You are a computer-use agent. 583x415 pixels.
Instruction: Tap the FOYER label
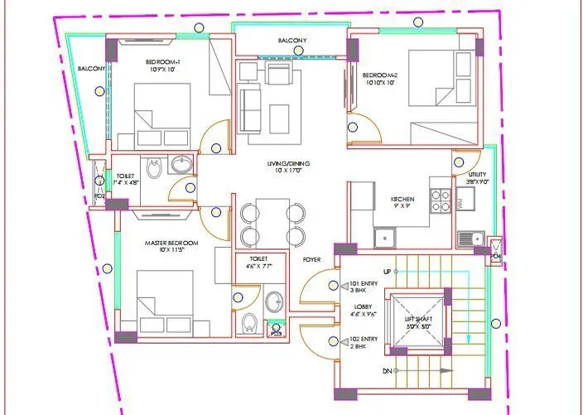pos(311,259)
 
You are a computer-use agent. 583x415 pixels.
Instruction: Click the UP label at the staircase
pos(386,273)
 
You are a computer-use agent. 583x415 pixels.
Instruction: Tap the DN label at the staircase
pos(386,372)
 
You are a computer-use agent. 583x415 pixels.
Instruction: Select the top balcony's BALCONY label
pos(291,41)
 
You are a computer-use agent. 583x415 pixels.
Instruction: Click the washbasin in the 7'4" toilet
pos(181,165)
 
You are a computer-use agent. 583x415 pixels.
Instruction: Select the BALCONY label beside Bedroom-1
pos(91,69)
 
